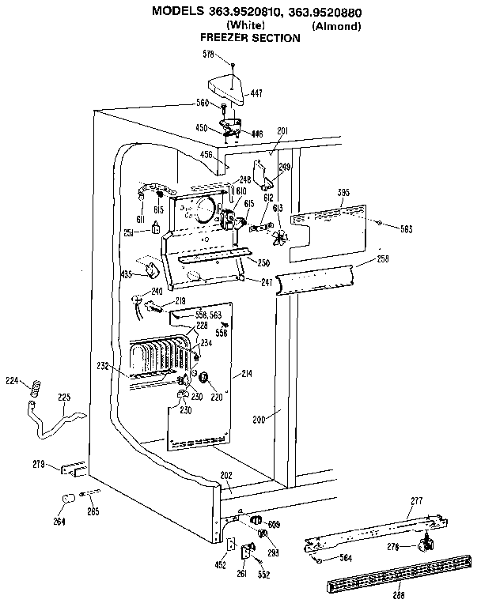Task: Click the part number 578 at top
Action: [x=209, y=54]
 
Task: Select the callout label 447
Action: [x=257, y=93]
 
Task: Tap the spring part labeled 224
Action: [x=35, y=389]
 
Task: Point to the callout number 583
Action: [x=406, y=229]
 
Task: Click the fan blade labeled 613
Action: [x=278, y=236]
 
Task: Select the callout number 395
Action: [x=343, y=192]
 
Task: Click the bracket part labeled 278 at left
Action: [x=71, y=469]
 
